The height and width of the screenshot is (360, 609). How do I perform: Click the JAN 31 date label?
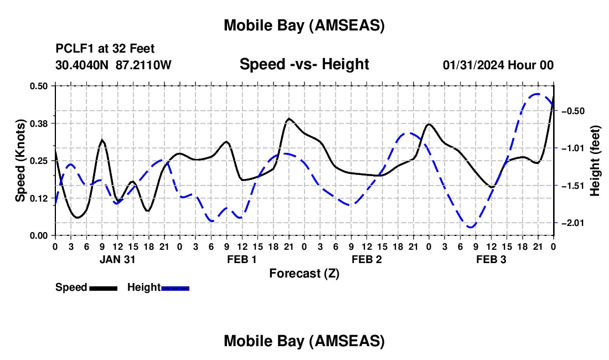click(117, 259)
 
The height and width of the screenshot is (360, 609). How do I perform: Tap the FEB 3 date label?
click(491, 259)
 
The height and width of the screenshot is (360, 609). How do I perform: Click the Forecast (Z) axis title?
click(304, 273)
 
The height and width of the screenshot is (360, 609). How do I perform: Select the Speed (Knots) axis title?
click(20, 160)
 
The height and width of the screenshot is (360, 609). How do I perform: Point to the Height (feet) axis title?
click(595, 161)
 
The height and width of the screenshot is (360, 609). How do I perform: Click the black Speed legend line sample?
click(103, 287)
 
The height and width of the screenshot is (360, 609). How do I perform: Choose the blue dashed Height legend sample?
click(176, 287)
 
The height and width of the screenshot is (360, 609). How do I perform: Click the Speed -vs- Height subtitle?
click(304, 64)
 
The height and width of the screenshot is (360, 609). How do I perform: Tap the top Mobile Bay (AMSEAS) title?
click(304, 25)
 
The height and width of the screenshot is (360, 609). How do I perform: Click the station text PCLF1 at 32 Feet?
click(105, 49)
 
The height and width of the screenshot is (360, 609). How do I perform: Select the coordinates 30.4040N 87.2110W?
click(113, 65)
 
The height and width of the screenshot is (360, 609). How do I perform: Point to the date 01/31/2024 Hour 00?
click(498, 65)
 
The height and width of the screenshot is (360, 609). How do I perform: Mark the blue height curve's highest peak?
click(537, 94)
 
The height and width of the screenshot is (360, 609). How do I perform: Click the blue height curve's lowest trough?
click(471, 227)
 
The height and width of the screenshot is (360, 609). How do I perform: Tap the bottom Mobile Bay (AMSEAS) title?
click(304, 341)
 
